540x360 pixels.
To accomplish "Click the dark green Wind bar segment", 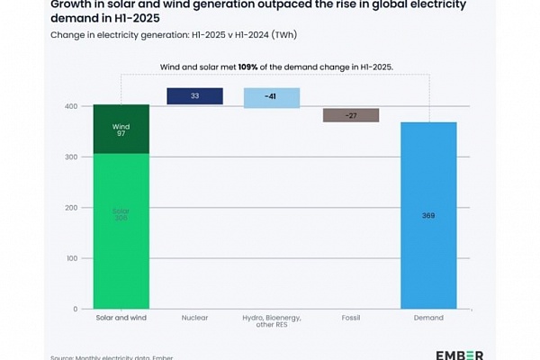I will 121,129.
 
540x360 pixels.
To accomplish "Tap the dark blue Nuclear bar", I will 195,96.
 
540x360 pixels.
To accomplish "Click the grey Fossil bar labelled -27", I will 351,115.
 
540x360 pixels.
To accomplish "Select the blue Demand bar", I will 428,216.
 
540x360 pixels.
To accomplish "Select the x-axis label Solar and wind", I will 121,319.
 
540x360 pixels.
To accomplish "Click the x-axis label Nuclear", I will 195,319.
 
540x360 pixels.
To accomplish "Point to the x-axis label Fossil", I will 351,319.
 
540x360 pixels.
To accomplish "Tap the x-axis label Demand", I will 428,319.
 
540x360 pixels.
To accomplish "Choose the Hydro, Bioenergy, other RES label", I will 272,323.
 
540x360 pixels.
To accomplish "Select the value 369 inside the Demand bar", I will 428,216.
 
